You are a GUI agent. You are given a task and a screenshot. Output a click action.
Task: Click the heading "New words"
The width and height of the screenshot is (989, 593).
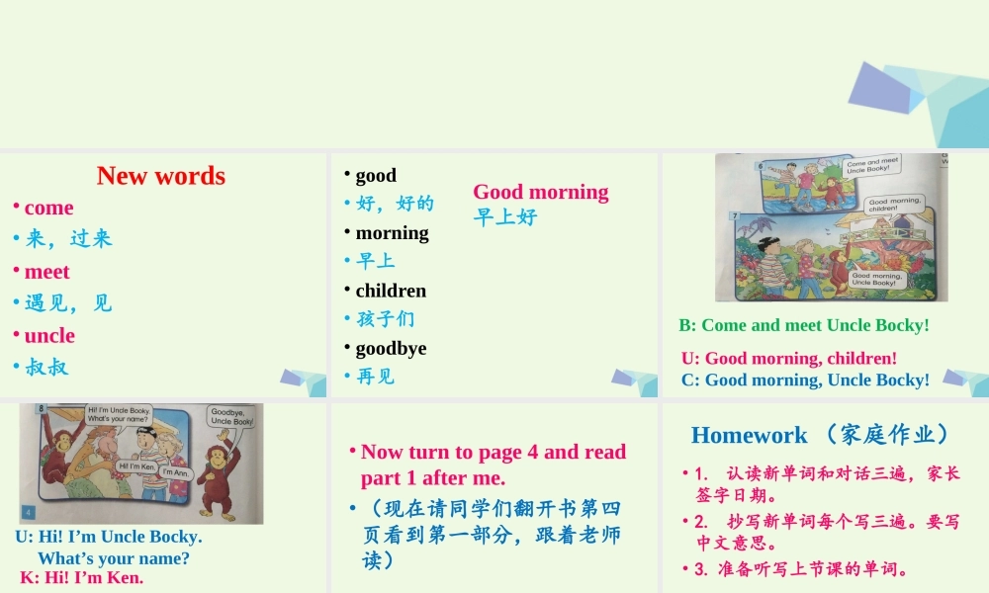pyautogui.click(x=161, y=176)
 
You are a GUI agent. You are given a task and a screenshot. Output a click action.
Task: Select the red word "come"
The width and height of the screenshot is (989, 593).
pyautogui.click(x=48, y=208)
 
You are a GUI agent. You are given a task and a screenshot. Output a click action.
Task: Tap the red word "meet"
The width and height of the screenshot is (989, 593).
pyautogui.click(x=46, y=272)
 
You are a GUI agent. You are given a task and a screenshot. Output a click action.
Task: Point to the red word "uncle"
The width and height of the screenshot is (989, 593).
pyautogui.click(x=49, y=336)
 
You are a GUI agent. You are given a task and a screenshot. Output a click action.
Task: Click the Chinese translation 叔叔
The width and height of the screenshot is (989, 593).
pyautogui.click(x=46, y=368)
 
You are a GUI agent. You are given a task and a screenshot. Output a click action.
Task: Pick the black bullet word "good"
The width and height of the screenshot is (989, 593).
pyautogui.click(x=376, y=176)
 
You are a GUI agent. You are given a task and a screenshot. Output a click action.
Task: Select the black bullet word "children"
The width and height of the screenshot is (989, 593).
pyautogui.click(x=391, y=291)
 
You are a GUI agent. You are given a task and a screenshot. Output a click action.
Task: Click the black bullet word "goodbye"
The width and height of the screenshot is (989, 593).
pyautogui.click(x=391, y=348)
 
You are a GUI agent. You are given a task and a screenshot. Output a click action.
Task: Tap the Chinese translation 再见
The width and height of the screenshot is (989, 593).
pyautogui.click(x=375, y=377)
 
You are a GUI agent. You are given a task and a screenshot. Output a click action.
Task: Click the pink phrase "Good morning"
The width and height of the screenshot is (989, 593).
pyautogui.click(x=541, y=192)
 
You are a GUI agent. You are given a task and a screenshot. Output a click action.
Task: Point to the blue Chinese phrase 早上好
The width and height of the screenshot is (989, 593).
pyautogui.click(x=505, y=216)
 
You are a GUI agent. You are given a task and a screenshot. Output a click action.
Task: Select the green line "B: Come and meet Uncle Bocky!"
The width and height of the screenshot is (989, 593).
pyautogui.click(x=804, y=325)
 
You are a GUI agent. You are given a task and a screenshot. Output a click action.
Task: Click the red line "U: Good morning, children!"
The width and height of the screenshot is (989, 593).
pyautogui.click(x=789, y=358)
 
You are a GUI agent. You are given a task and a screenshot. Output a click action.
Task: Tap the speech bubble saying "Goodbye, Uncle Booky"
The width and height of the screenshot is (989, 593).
pyautogui.click(x=231, y=416)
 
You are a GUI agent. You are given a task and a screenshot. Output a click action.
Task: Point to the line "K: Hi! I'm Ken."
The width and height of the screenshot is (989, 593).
pyautogui.click(x=82, y=577)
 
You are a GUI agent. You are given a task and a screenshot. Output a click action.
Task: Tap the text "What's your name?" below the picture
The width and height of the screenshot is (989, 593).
pyautogui.click(x=114, y=557)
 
